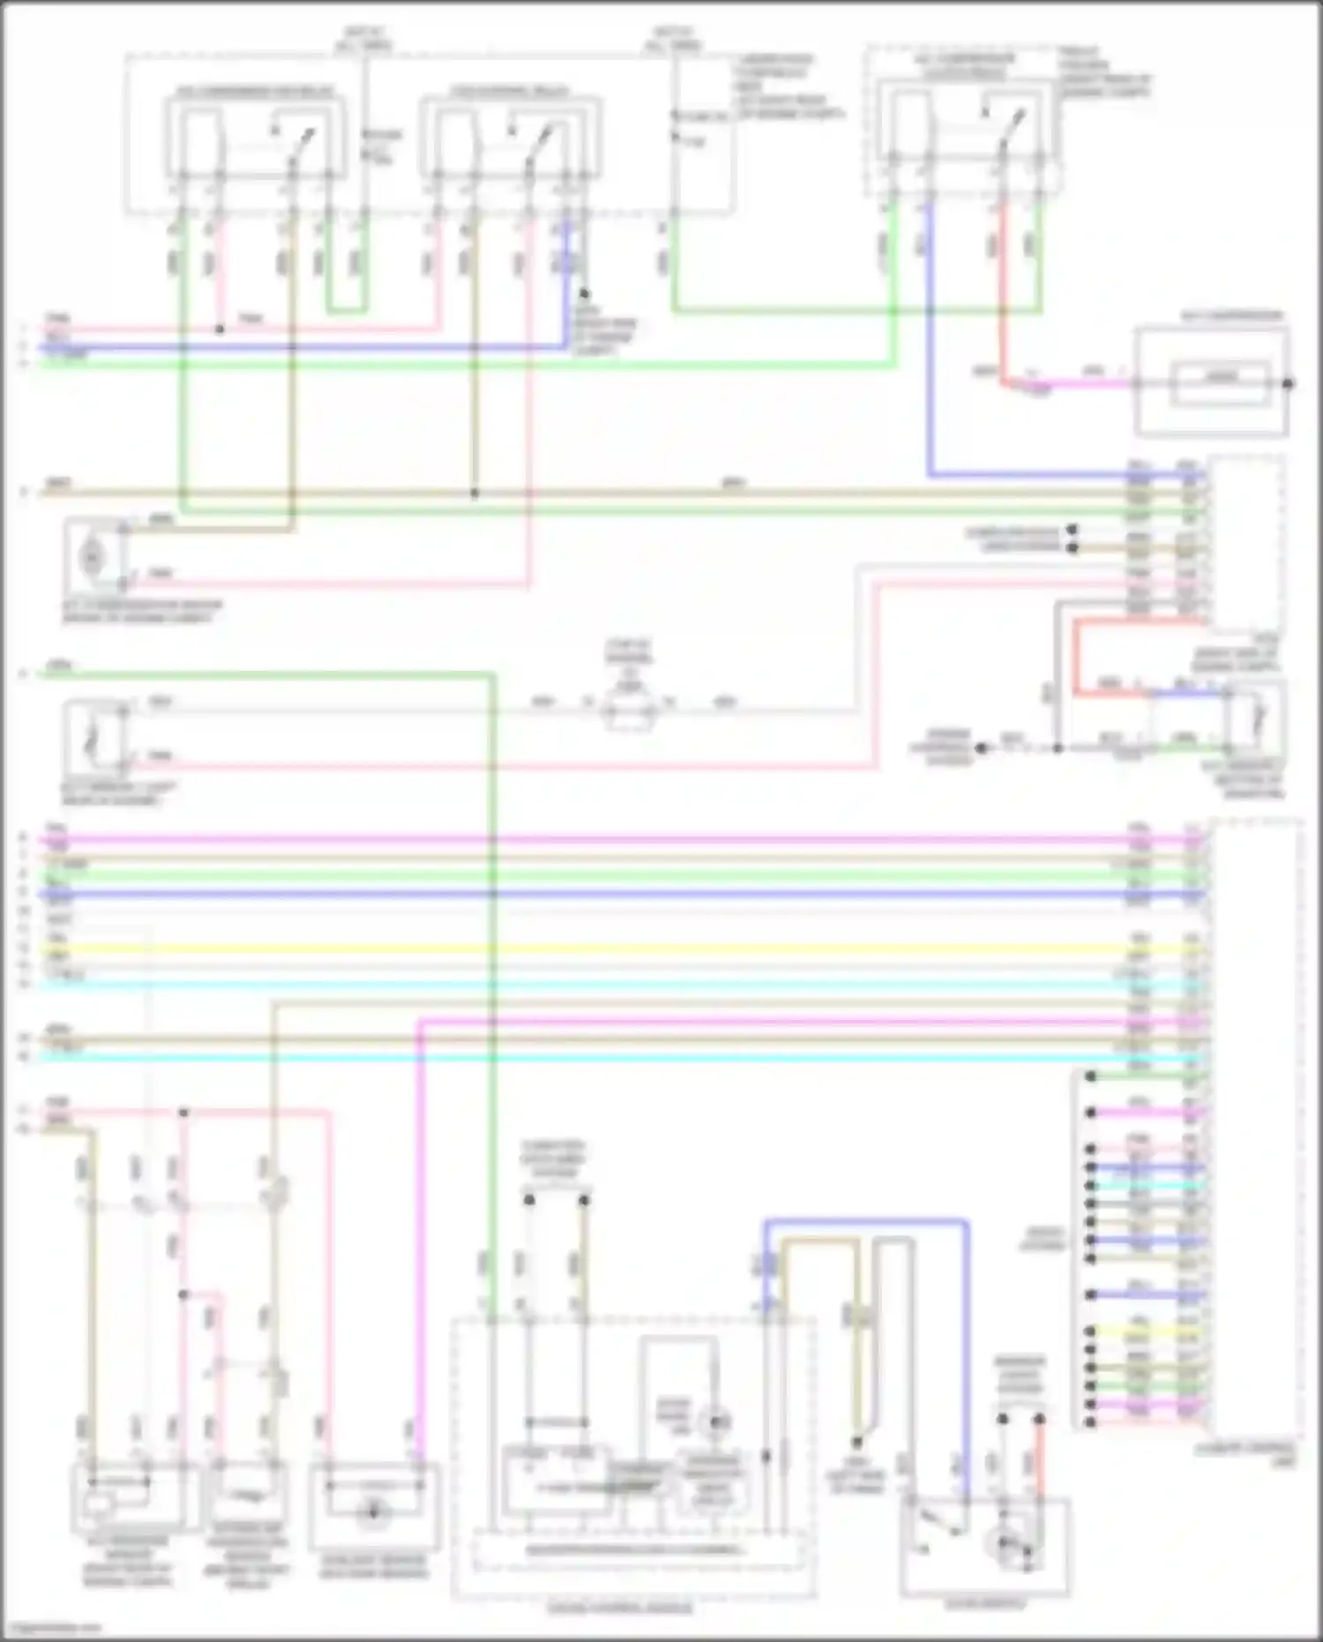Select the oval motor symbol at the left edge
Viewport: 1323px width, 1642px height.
92,556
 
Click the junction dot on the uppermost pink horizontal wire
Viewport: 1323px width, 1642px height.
220,330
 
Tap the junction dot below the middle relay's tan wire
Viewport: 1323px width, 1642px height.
475,494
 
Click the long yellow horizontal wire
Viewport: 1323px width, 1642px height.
617,949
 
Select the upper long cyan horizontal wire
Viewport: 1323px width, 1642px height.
617,984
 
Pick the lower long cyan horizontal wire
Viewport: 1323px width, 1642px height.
617,1056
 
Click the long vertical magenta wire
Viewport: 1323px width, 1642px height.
420,1235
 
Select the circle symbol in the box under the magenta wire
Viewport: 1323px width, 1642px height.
373,1511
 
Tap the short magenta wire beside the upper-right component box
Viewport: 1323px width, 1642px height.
1085,384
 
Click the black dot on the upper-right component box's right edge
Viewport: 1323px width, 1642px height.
1289,383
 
